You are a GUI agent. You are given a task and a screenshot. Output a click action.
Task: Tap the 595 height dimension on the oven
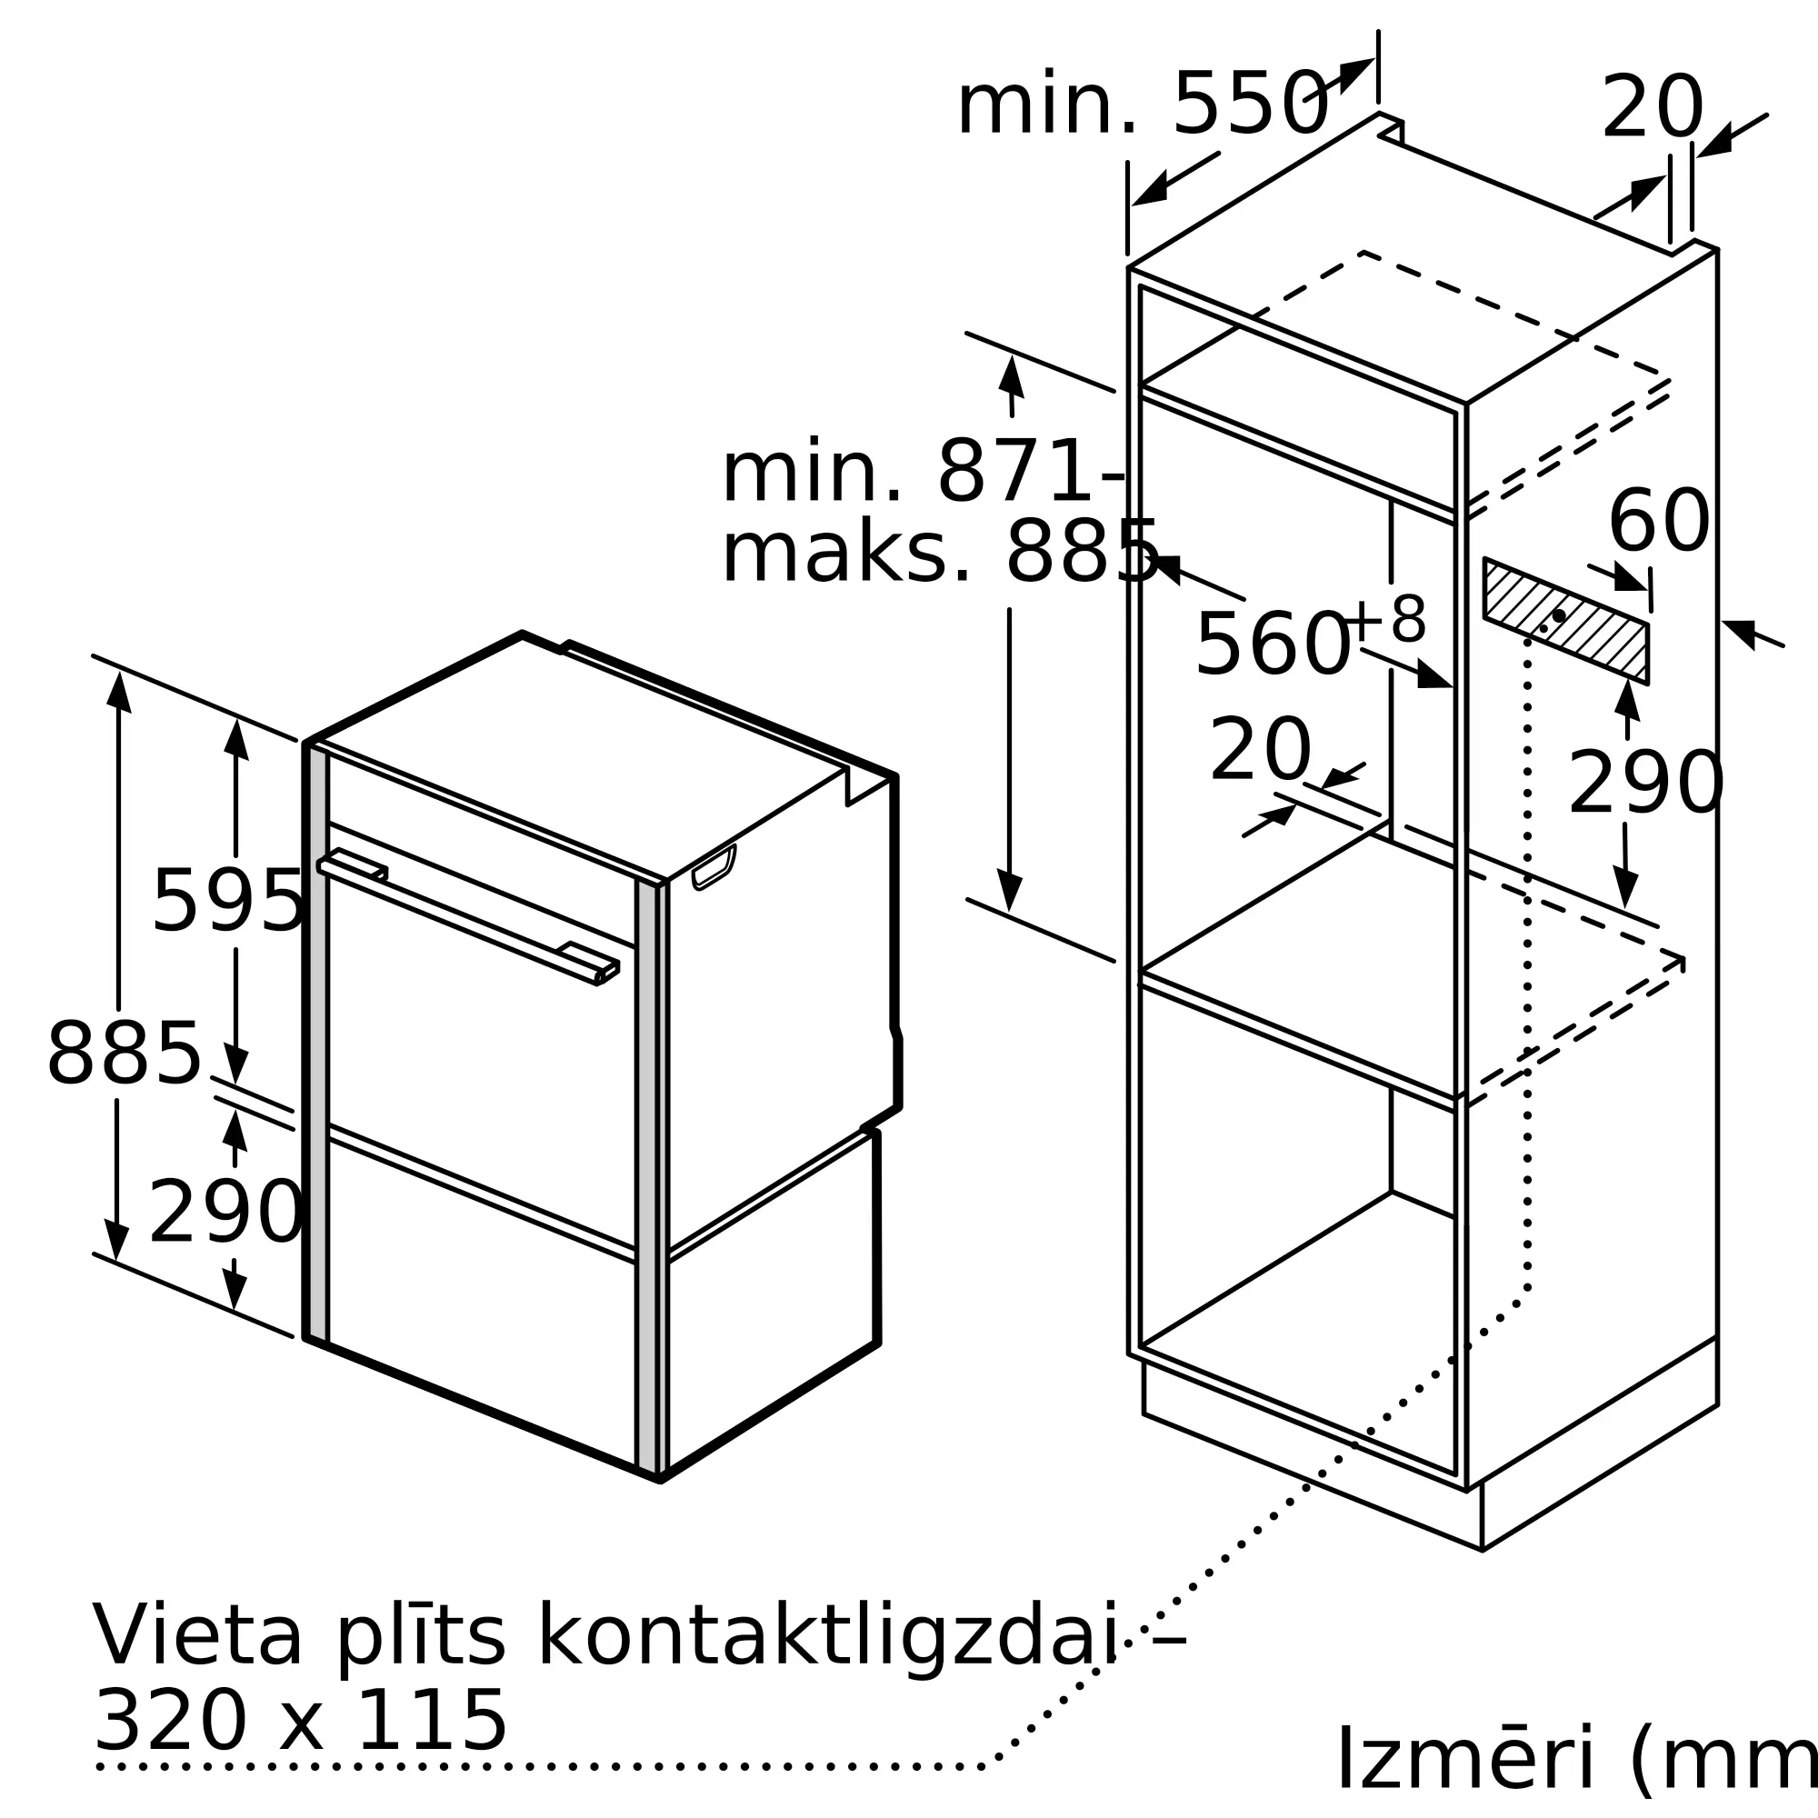coord(228,901)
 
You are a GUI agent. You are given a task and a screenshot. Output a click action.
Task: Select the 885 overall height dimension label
coord(125,1054)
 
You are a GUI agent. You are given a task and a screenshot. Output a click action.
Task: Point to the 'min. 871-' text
coord(922,474)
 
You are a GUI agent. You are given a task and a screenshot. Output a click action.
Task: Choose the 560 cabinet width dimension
coord(1272,644)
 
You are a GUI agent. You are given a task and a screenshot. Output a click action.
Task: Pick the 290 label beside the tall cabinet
coord(1645,783)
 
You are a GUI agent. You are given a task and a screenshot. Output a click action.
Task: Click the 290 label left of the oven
coord(225,1213)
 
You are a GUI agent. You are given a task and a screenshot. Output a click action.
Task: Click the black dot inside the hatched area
coord(1559,615)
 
